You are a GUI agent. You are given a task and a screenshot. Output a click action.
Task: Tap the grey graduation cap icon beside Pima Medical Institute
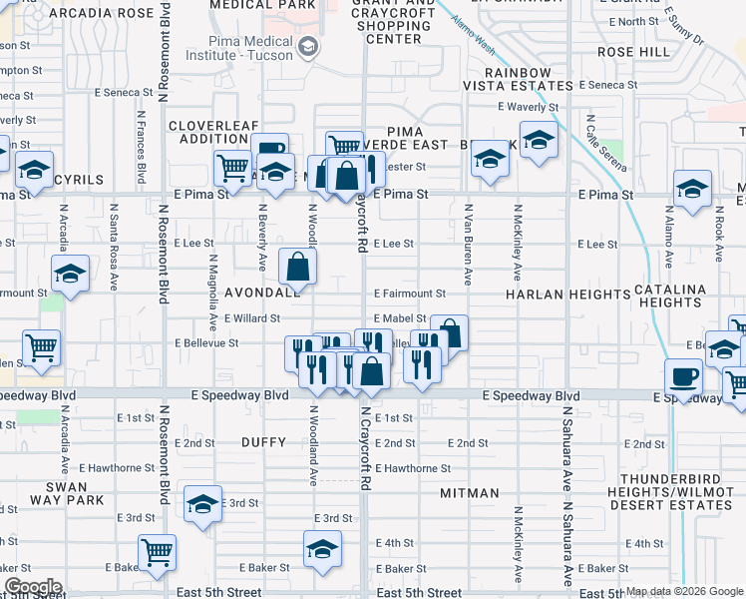point(309,46)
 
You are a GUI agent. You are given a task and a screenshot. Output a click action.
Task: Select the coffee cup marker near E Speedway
point(684,377)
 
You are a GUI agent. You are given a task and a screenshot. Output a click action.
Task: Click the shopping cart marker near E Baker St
point(159,553)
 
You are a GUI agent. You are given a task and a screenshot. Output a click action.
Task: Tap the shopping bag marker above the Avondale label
point(298,267)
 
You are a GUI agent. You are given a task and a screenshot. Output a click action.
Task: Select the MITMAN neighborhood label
point(470,493)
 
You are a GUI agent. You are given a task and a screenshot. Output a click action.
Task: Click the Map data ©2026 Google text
point(684,592)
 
